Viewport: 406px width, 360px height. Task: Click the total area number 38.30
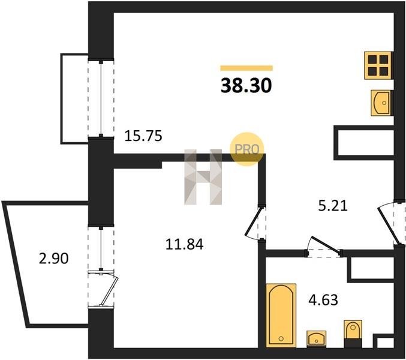coord(246,86)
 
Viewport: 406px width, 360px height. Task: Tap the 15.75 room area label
coord(143,136)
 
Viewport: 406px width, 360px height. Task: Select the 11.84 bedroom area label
coord(184,244)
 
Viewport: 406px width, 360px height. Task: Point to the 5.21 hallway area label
coord(333,206)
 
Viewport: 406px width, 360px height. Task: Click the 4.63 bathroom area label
coord(323,300)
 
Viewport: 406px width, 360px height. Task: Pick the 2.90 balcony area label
coord(54,259)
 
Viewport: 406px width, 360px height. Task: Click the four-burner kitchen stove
coord(378,65)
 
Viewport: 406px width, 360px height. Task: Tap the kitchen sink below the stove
coord(381,103)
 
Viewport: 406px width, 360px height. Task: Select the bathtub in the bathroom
coord(281,314)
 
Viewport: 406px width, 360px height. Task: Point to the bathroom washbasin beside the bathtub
coord(317,338)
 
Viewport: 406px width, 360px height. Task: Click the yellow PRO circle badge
coord(246,149)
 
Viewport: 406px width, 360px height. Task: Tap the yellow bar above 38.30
coord(246,68)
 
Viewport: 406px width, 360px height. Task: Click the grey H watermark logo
coord(203,177)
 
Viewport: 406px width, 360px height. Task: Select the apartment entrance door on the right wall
coord(392,223)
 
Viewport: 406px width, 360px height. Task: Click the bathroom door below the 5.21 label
coord(324,248)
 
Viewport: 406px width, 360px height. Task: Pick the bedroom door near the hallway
coord(255,223)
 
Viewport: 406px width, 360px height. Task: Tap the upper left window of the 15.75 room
coord(101,98)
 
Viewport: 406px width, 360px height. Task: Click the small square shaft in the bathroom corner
coord(384,341)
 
